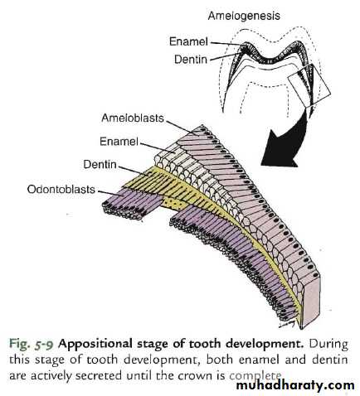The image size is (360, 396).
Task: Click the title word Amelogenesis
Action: coord(244,16)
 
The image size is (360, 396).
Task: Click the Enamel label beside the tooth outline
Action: coord(188,41)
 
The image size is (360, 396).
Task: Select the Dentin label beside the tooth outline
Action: coord(191,60)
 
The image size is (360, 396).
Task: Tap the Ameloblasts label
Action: coord(133,118)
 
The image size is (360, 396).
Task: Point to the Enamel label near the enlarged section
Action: coord(119,142)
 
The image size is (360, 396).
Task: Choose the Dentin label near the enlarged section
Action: coord(100,165)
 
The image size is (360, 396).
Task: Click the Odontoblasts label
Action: coord(61,190)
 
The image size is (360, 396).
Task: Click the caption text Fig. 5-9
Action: coord(31,345)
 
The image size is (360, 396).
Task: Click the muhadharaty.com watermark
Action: coord(295,385)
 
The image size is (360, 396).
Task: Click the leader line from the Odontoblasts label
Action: coord(110,193)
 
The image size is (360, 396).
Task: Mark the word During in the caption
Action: coord(328,345)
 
